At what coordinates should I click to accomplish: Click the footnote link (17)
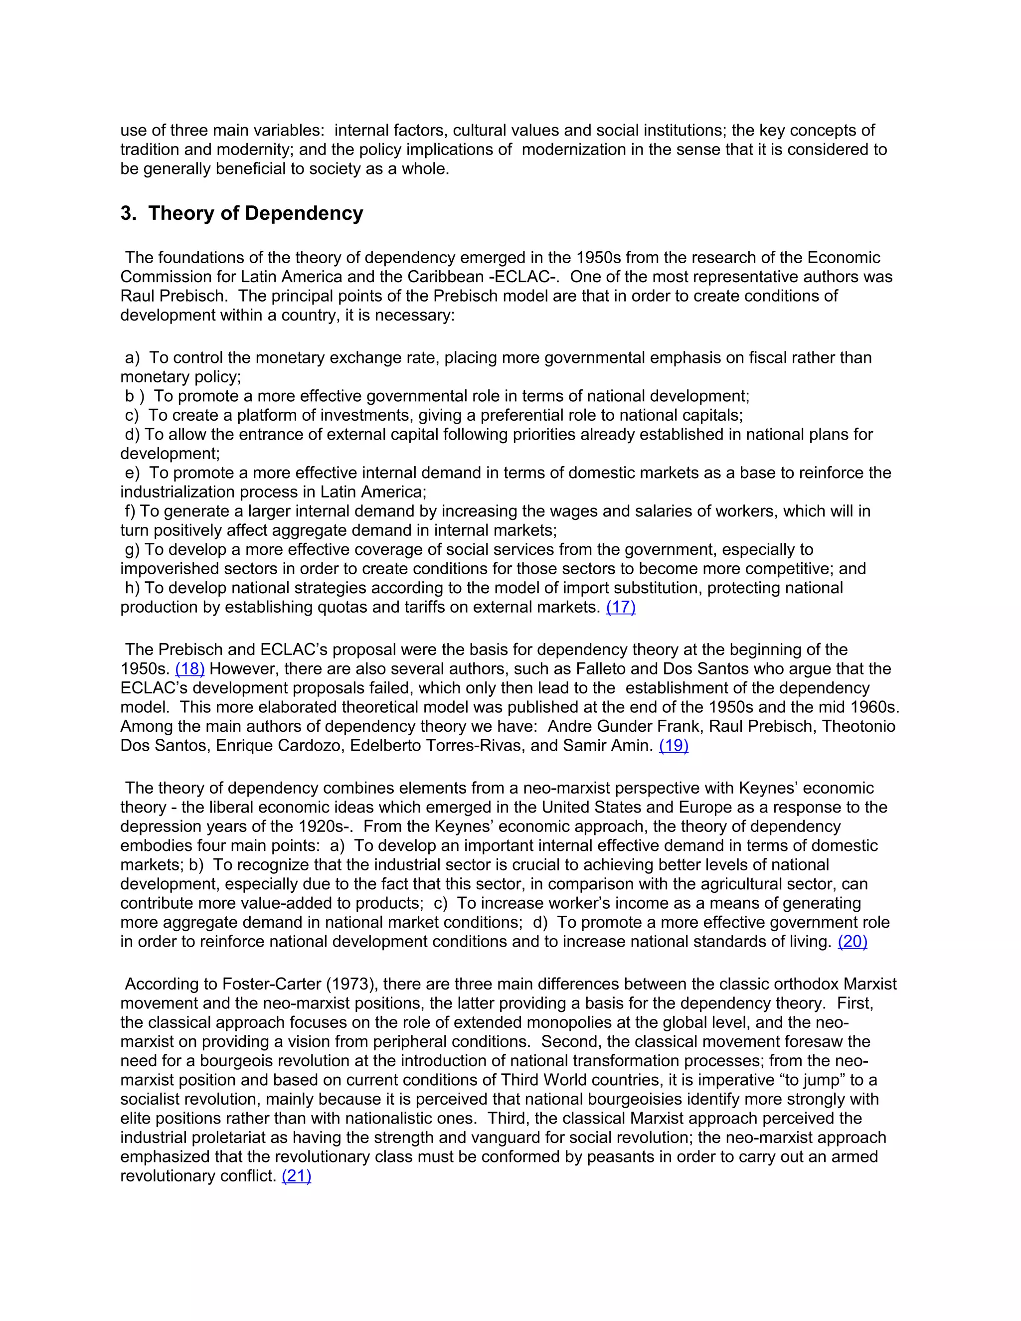click(621, 607)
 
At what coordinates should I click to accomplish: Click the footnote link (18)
click(190, 669)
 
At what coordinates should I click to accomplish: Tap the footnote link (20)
click(852, 942)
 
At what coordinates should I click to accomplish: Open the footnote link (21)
click(297, 1176)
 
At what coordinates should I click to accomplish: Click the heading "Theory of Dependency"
click(255, 213)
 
